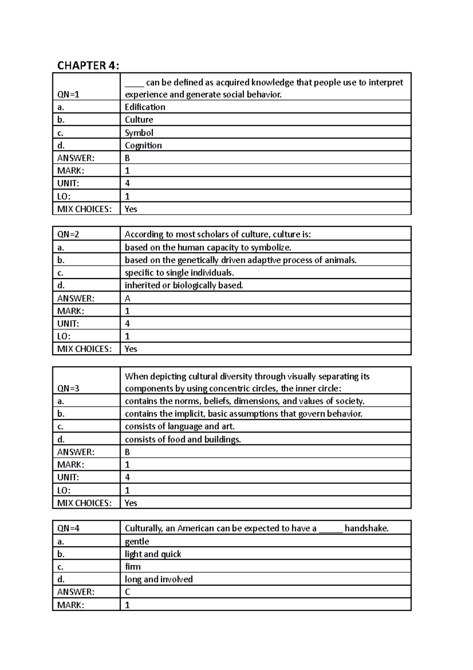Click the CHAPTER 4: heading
(88, 66)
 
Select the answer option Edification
(145, 107)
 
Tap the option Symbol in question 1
(139, 133)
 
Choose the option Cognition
(143, 145)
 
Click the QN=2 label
(68, 234)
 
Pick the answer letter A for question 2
(127, 298)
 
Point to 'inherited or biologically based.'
(184, 285)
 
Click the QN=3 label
(68, 388)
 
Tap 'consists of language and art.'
(179, 427)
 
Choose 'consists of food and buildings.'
(182, 439)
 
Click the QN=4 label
(68, 528)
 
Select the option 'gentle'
(137, 541)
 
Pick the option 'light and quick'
(153, 554)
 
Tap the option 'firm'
(132, 567)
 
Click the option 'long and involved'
(158, 579)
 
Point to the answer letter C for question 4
(127, 592)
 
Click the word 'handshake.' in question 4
(366, 528)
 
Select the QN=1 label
(68, 94)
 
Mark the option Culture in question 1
(139, 120)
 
